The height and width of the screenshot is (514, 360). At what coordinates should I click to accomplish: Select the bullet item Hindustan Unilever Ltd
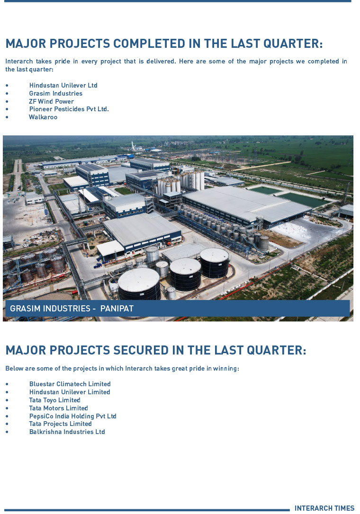click(63, 85)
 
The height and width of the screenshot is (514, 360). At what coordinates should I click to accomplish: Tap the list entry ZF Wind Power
click(51, 101)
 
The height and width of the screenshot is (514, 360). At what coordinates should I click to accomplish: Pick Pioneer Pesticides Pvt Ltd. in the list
click(69, 109)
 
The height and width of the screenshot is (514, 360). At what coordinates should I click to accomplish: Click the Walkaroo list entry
click(43, 117)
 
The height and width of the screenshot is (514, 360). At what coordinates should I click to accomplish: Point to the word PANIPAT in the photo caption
click(117, 309)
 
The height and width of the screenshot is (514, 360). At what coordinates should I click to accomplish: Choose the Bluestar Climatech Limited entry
click(70, 384)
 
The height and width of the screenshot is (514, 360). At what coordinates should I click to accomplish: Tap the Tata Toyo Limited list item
click(55, 400)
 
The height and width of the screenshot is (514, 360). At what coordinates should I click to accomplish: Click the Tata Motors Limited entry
click(58, 408)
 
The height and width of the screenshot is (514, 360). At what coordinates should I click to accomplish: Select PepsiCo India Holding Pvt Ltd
click(73, 416)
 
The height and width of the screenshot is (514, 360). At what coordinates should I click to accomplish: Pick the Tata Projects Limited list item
click(60, 424)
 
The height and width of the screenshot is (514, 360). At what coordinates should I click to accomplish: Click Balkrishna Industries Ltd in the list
click(67, 432)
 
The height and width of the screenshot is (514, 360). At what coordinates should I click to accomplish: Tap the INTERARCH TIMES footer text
click(324, 508)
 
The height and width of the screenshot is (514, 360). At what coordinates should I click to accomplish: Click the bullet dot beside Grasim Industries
click(7, 94)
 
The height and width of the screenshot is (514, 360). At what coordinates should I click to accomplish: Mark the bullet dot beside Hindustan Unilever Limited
click(7, 392)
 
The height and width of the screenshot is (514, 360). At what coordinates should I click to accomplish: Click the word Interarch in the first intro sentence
click(19, 62)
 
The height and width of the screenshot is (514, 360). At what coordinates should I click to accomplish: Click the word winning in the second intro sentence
click(225, 368)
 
